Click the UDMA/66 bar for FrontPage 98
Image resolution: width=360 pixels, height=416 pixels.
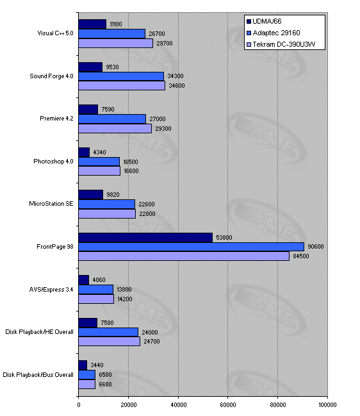tap(145, 237)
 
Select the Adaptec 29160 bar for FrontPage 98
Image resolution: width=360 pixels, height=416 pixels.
tap(192, 247)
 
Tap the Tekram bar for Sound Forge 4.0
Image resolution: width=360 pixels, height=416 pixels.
tap(122, 85)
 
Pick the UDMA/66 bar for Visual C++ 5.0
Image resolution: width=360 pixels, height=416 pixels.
tap(92, 24)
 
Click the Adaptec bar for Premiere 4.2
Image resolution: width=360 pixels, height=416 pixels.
tap(112, 119)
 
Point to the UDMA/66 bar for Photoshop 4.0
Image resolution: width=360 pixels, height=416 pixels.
tap(84, 153)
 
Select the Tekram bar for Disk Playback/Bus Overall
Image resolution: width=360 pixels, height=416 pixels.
tap(87, 384)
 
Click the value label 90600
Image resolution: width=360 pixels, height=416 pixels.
tap(315, 247)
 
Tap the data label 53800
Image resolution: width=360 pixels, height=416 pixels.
tap(224, 237)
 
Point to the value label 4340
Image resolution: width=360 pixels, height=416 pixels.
tap(99, 153)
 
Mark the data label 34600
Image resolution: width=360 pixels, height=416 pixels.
tap(177, 85)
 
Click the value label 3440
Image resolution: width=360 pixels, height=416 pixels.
tap(97, 365)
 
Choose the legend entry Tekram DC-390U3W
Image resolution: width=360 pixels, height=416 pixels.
tap(281, 44)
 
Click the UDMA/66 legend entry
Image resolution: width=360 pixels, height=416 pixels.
tap(264, 21)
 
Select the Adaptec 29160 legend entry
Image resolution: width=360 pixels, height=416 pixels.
tap(274, 33)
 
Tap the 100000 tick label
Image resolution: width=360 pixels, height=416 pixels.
tap(327, 405)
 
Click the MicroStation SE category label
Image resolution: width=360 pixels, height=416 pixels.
tap(51, 204)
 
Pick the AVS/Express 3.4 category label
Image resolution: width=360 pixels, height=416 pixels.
tap(51, 290)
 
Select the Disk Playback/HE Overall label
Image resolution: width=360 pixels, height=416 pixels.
tap(39, 332)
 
